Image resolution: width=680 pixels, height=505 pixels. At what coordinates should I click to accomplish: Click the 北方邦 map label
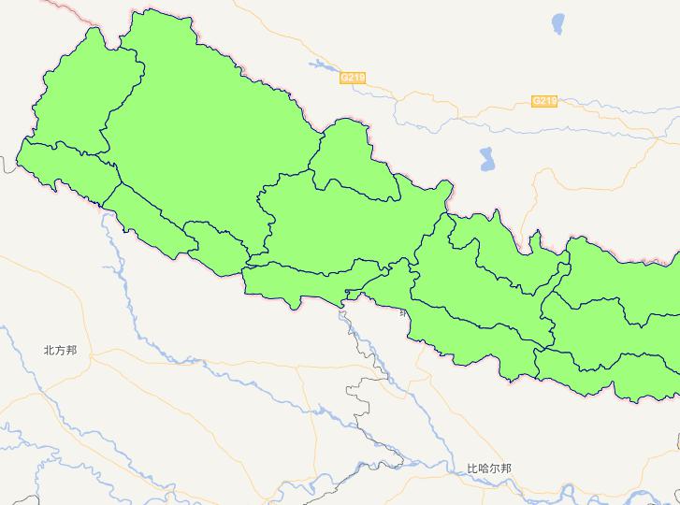60,351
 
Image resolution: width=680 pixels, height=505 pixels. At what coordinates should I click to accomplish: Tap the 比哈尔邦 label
489,469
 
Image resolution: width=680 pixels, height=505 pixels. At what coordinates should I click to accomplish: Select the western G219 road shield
353,78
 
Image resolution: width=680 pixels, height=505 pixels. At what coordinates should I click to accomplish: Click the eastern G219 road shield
544,101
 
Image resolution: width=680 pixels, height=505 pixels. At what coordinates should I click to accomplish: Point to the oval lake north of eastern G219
559,22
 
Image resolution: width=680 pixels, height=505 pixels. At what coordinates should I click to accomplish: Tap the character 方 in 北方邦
60,351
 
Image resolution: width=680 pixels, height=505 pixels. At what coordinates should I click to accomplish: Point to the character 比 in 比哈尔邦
472,469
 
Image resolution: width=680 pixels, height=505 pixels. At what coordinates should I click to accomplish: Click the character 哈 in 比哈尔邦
484,469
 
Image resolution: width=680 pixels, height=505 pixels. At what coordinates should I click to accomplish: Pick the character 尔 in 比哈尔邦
495,469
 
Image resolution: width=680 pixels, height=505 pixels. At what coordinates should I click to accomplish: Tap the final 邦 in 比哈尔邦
506,469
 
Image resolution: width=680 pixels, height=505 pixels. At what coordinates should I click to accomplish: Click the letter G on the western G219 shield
345,78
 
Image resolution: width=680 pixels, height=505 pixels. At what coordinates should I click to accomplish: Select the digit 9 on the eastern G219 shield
553,101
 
